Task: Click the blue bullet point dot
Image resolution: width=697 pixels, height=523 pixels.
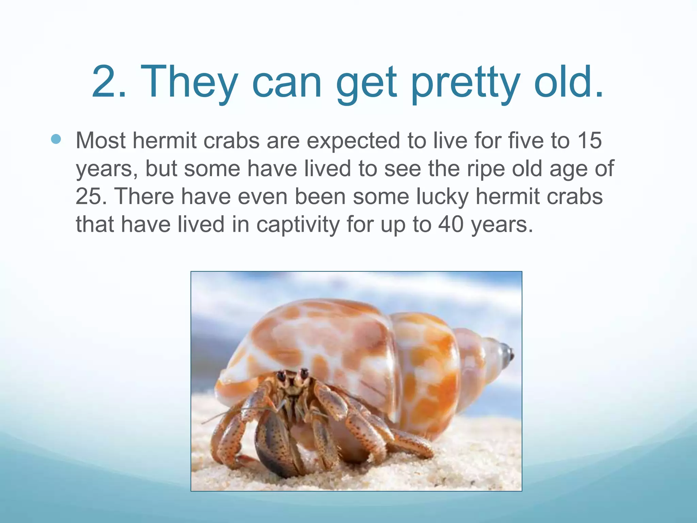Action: coord(56,139)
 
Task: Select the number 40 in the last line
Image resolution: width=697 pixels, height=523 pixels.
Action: coord(451,225)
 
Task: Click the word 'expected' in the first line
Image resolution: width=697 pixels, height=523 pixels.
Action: coord(353,141)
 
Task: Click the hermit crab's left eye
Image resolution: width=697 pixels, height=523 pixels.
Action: coord(282,376)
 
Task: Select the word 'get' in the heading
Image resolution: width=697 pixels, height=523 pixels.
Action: coord(366,83)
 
